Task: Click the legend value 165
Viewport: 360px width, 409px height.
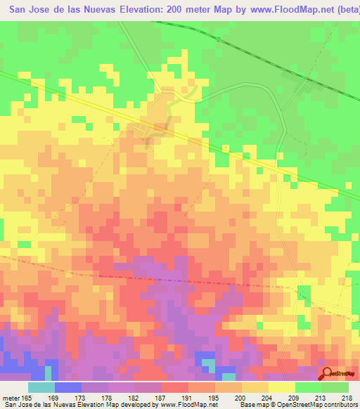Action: point(25,397)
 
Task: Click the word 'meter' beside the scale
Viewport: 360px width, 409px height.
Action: point(10,397)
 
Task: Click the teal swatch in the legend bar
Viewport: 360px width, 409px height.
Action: point(41,387)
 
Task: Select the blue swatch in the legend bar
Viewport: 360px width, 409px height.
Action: point(67,387)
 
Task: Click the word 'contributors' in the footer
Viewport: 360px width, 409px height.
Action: point(337,405)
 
